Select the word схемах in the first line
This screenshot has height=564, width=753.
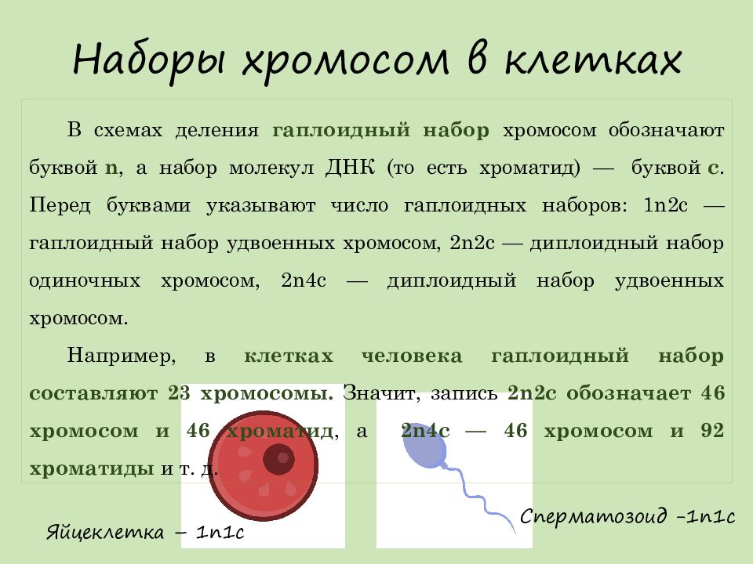pos(127,130)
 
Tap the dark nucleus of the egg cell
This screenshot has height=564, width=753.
pos(278,459)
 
